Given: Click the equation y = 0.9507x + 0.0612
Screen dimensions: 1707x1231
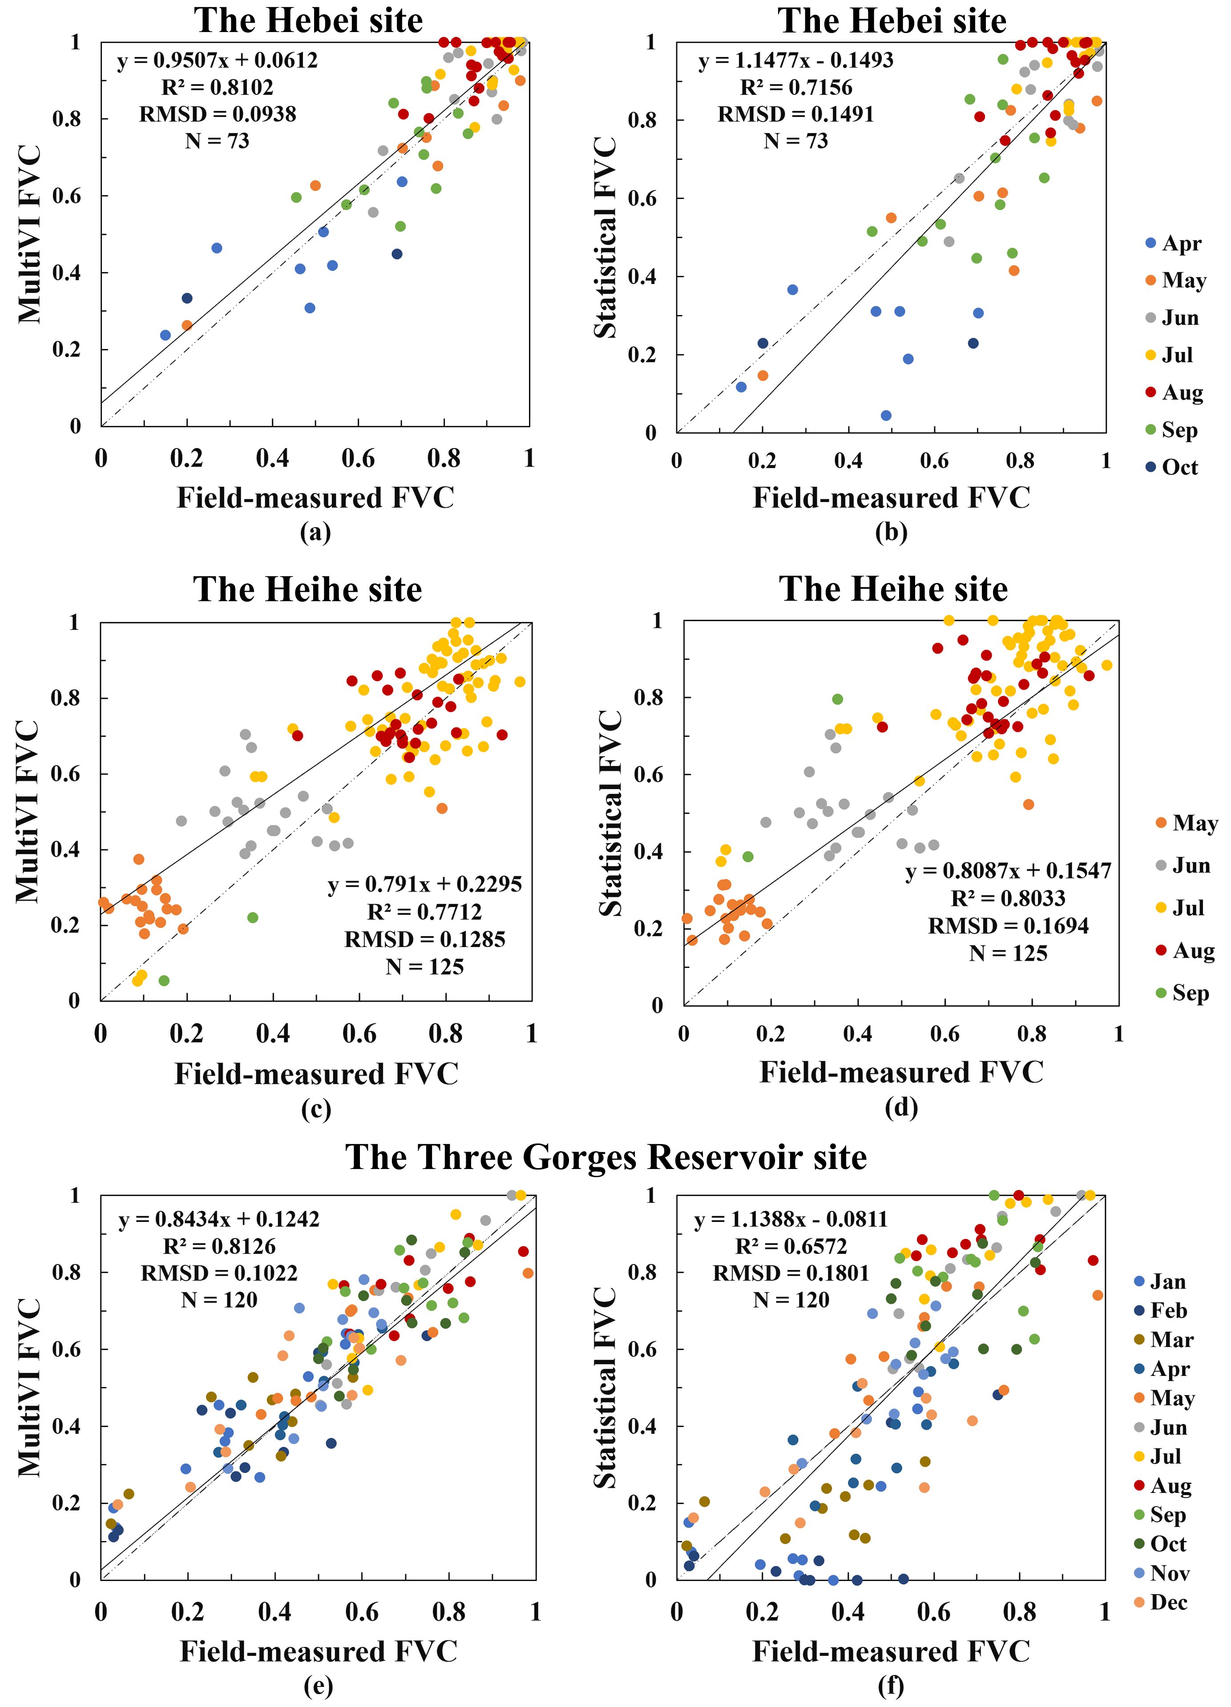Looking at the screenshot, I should tap(218, 60).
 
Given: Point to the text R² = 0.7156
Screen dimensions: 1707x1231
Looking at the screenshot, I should tap(796, 87).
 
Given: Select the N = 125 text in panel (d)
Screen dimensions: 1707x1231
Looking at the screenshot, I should tap(1008, 954).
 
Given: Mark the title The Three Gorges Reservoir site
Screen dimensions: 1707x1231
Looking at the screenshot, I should tap(606, 1157).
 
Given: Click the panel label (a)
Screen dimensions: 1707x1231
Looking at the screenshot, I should tap(315, 532).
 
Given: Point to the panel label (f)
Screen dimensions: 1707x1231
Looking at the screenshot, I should tap(891, 1686).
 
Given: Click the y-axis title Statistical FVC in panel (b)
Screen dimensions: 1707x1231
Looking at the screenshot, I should tap(606, 238).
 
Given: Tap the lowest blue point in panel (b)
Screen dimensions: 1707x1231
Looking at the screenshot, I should tap(886, 416).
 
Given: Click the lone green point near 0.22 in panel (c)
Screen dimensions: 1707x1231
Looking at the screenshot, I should tap(253, 918).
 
